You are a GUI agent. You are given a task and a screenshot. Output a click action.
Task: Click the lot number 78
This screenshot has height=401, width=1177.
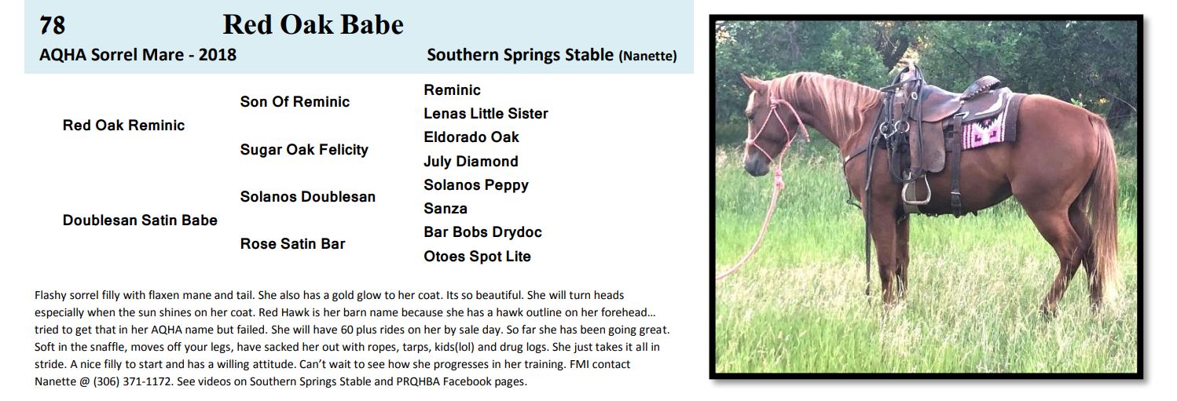pyautogui.click(x=52, y=25)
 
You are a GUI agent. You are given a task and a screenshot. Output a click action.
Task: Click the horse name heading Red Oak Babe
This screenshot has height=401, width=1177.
pyautogui.click(x=313, y=24)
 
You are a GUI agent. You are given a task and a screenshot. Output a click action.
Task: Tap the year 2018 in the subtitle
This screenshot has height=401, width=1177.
pyautogui.click(x=218, y=55)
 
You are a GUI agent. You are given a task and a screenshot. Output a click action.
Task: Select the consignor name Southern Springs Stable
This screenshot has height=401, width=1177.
pyautogui.click(x=520, y=55)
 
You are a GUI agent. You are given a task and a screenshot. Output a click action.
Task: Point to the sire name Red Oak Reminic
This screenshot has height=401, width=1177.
pyautogui.click(x=123, y=125)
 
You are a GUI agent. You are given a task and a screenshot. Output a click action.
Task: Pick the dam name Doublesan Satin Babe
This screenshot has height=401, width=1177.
pyautogui.click(x=140, y=220)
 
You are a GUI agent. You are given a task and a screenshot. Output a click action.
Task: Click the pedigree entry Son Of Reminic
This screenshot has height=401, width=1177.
pyautogui.click(x=295, y=101)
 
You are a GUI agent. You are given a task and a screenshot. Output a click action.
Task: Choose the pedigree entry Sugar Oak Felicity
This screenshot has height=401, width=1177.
pyautogui.click(x=304, y=150)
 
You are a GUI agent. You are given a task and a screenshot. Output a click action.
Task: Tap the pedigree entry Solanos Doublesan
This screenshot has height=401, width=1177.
pyautogui.click(x=308, y=196)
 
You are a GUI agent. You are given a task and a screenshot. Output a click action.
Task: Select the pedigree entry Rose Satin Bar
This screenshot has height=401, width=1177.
pyautogui.click(x=292, y=243)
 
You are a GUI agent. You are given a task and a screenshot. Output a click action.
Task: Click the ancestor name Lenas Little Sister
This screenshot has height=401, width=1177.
pyautogui.click(x=486, y=113)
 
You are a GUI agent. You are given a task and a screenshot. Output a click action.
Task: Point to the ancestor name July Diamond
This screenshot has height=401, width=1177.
pyautogui.click(x=471, y=161)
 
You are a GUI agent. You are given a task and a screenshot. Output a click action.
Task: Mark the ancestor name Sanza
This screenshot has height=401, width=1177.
pyautogui.click(x=445, y=209)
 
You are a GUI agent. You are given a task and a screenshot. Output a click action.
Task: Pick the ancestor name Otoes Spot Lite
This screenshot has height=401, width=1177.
pyautogui.click(x=477, y=256)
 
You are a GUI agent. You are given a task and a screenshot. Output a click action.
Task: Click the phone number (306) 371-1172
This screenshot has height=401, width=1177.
pyautogui.click(x=133, y=381)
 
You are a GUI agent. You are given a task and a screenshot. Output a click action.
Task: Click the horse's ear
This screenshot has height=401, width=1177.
pyautogui.click(x=751, y=84)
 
